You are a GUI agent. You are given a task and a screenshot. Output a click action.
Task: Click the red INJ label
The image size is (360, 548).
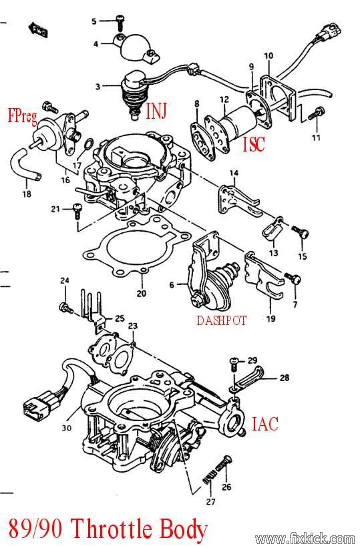[156, 110]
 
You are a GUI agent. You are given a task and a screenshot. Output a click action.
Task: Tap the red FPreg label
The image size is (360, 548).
[23, 116]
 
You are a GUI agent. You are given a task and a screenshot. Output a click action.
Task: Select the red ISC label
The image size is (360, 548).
[254, 144]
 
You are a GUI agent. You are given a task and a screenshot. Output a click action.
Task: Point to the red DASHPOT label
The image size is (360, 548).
[222, 320]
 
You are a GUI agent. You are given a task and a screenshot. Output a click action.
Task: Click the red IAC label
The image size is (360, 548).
[265, 423]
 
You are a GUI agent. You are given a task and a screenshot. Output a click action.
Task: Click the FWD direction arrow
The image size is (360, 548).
[38, 30]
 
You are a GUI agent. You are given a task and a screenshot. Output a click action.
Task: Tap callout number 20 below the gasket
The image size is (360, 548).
[142, 293]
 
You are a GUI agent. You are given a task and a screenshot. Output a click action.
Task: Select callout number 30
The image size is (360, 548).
[67, 427]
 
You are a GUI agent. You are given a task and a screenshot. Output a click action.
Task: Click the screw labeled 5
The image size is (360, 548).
[120, 23]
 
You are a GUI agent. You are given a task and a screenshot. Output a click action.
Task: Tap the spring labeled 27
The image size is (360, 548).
[209, 477]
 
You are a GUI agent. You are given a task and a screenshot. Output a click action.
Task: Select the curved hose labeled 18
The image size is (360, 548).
[25, 164]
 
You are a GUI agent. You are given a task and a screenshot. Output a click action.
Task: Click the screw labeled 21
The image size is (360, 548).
[77, 212]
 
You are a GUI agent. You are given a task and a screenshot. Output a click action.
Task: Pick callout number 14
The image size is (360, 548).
[234, 173]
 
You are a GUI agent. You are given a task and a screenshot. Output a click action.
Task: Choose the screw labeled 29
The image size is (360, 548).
[234, 364]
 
